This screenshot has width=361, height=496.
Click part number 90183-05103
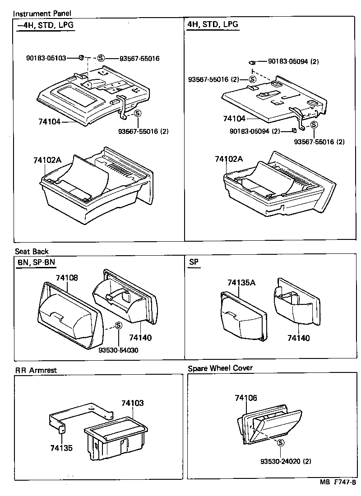46,58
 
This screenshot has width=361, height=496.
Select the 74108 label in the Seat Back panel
67,278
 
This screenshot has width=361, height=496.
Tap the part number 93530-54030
118,350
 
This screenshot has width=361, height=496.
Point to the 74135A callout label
241,283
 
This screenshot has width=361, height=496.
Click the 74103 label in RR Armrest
132,403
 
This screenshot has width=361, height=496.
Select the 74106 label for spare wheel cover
246,398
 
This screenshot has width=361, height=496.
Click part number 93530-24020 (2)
286,461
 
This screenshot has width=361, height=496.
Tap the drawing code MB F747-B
338,482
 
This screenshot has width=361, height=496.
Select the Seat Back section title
32,251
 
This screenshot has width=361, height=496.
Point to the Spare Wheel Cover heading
220,368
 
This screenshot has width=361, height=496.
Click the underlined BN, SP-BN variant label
36,262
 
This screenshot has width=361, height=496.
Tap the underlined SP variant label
194,262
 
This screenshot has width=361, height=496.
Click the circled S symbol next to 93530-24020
280,443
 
